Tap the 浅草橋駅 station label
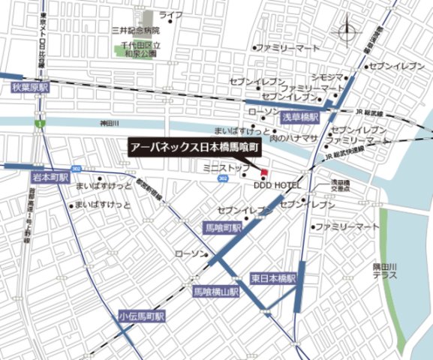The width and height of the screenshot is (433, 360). (300, 118)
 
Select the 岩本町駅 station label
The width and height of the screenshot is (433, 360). (50, 178)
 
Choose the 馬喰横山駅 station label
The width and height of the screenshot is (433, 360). (216, 291)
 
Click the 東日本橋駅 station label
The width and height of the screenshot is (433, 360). (274, 277)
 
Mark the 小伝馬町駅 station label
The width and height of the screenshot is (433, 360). (142, 317)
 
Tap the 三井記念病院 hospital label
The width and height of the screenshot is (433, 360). (135, 31)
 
